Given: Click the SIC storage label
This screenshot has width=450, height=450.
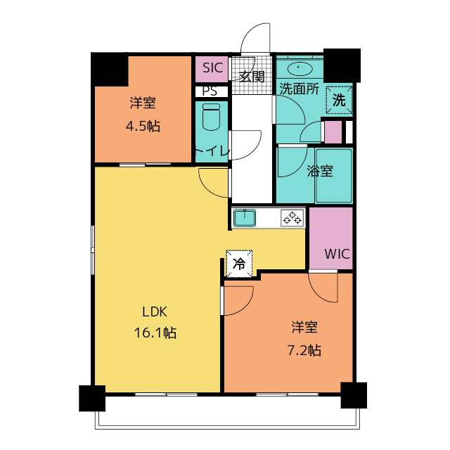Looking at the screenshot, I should (x=212, y=68).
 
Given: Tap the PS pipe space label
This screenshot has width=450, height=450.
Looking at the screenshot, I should (x=210, y=91).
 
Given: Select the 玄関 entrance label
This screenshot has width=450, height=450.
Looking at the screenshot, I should (x=252, y=77).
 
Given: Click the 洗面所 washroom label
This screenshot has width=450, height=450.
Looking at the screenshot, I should (x=300, y=89).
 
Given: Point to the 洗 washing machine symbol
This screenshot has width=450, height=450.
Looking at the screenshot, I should (x=339, y=100).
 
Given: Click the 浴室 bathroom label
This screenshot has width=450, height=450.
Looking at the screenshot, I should (x=321, y=171).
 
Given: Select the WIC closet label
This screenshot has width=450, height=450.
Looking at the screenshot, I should (x=337, y=254).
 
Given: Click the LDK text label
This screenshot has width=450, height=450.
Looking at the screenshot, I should (x=155, y=312).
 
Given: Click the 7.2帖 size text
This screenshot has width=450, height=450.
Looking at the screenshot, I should (x=305, y=349).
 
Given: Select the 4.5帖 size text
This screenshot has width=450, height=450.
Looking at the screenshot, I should (x=143, y=127).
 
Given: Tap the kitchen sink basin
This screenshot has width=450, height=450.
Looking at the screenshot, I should (x=245, y=218).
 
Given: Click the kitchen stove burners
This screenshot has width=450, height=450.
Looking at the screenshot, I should (x=291, y=218).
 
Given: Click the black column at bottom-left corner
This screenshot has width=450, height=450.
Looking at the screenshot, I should (x=91, y=398).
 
